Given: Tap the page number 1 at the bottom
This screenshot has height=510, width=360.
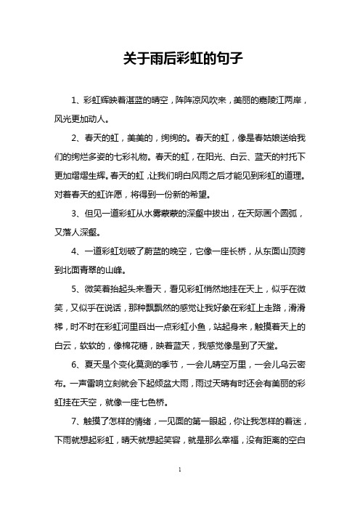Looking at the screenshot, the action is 179,490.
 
